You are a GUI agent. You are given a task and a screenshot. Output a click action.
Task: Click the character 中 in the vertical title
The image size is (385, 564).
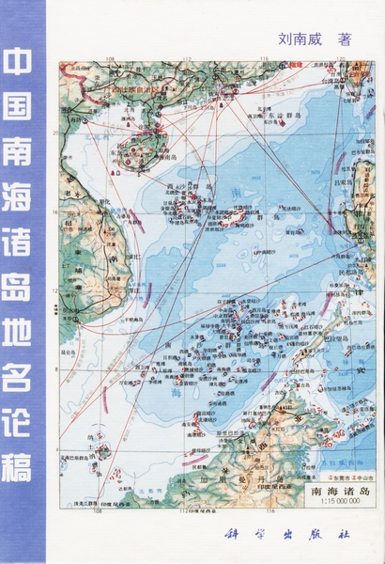point(22,65)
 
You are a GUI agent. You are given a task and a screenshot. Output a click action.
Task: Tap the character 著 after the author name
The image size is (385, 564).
point(345,39)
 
